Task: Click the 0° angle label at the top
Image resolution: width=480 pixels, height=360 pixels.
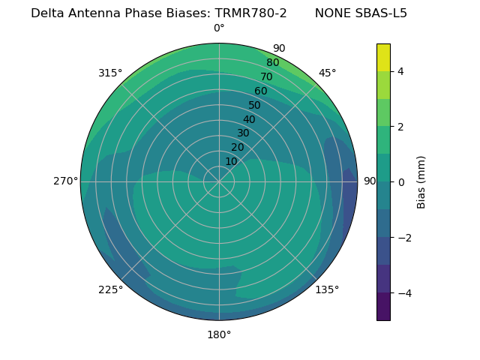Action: coord(219,28)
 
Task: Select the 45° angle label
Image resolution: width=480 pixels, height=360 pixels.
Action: coord(328,73)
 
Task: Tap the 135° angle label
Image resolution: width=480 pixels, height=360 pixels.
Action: coord(327,289)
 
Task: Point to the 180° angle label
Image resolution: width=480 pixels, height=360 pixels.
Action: coord(219,334)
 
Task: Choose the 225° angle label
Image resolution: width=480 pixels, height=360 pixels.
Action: coord(110,289)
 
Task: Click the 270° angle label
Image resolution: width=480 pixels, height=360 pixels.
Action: coord(65,181)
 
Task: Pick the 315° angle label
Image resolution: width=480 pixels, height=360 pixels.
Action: coord(110,73)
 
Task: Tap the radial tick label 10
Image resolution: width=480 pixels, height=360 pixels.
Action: coord(231,161)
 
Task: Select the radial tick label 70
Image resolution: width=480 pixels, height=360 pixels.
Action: coord(266,76)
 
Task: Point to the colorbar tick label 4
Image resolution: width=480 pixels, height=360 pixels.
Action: coord(400,71)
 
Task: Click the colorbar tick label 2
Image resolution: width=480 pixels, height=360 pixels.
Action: coord(400,127)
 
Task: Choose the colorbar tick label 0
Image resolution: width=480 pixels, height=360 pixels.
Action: coord(400,182)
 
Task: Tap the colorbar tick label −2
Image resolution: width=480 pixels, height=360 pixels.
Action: coord(403,238)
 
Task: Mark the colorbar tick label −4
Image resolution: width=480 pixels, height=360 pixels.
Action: coord(403,293)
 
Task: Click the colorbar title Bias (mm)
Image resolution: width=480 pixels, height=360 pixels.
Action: coord(421,182)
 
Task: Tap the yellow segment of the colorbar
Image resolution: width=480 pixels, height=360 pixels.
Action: coord(383,58)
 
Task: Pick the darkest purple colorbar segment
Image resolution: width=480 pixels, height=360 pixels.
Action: coord(383,307)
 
